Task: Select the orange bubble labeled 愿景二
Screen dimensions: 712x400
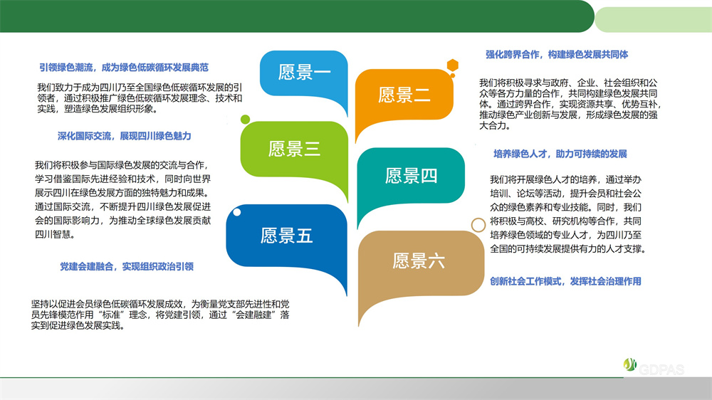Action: coord(404,95)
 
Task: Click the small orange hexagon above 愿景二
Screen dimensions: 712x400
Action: coord(452,65)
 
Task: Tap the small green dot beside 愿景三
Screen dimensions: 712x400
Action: coord(245,120)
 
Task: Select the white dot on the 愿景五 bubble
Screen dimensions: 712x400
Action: coord(237,212)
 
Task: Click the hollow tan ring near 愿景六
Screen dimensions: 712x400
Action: coord(478,219)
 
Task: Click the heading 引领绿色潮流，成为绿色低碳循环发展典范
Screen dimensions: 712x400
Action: coord(123,68)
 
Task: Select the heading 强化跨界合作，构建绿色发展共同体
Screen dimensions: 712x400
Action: coord(557,55)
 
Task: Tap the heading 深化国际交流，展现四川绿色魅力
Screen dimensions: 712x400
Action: coord(125,136)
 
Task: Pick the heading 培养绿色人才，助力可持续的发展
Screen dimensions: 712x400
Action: coord(560,154)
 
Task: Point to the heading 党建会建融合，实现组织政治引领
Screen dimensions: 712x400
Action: coord(127,266)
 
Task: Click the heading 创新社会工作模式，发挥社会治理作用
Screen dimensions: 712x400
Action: coord(565,282)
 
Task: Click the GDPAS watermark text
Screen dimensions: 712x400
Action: coord(661,369)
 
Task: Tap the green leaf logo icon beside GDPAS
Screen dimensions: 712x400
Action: coord(630,364)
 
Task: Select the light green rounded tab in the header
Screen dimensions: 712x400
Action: coord(654,19)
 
